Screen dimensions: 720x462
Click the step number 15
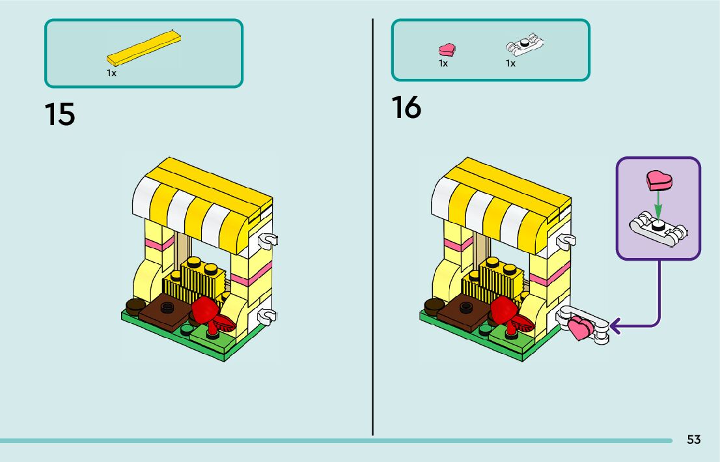(x=60, y=115)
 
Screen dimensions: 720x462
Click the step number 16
(x=406, y=108)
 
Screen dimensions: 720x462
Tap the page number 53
(x=693, y=440)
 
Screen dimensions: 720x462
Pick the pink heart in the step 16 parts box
(x=447, y=49)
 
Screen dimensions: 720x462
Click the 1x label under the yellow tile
(x=111, y=74)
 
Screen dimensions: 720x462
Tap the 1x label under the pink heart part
(x=443, y=64)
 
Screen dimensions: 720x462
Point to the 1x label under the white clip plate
(x=510, y=64)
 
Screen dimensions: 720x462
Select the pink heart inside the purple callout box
(x=659, y=181)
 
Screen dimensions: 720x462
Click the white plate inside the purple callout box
(x=659, y=229)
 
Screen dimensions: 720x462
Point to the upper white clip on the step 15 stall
(x=267, y=240)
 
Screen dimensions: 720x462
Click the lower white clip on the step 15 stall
(x=266, y=316)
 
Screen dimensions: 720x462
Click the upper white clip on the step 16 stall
(x=566, y=240)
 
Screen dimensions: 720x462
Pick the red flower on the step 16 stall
(x=505, y=310)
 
